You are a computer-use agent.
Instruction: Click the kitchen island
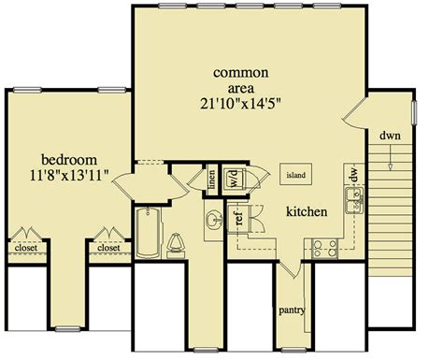[295, 174]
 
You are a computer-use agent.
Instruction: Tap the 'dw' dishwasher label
[353, 175]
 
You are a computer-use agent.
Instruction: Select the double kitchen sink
[354, 200]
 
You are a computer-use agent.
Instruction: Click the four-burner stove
[325, 249]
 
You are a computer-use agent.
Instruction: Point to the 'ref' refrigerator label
[239, 218]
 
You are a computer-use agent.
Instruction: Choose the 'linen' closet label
[212, 180]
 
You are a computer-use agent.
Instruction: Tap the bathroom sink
[214, 220]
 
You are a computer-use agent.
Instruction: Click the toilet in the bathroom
[176, 246]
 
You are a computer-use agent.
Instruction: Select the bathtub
[149, 233]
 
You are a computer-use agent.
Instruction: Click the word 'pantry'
[292, 310]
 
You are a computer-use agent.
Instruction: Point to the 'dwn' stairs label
[390, 136]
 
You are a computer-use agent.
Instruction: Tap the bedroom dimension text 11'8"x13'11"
[69, 176]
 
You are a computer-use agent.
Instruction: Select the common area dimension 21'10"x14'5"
[240, 104]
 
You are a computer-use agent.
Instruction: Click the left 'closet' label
[26, 248]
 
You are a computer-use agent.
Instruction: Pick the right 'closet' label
[108, 248]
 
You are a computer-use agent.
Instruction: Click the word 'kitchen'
[307, 211]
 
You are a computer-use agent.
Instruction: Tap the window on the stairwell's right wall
[414, 112]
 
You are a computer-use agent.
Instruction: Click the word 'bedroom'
[69, 160]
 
